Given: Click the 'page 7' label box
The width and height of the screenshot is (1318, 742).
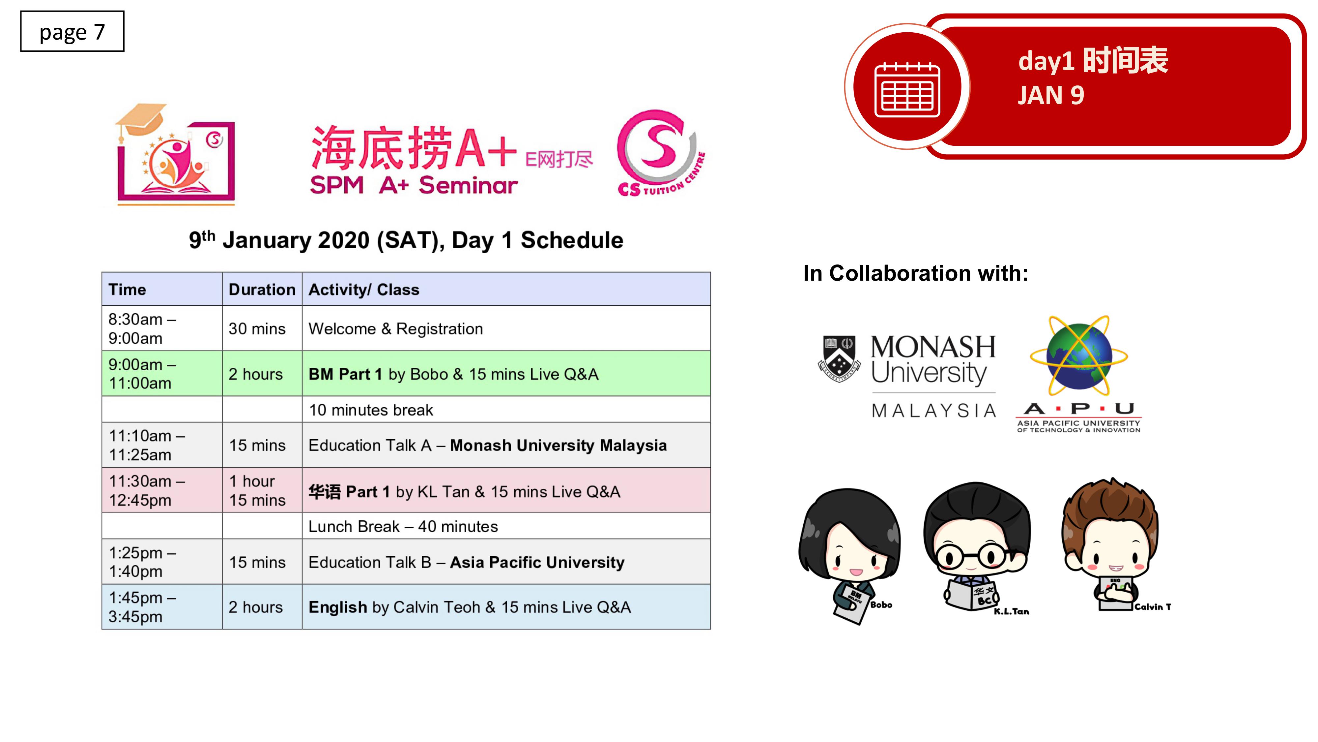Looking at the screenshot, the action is (72, 31).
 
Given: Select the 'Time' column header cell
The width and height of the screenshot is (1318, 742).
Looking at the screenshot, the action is (162, 289).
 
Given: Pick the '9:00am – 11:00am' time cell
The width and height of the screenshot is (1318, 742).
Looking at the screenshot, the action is (162, 373).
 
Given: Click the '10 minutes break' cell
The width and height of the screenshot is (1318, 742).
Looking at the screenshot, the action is (506, 410).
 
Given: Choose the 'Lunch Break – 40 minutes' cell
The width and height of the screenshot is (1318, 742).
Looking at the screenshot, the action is (506, 526).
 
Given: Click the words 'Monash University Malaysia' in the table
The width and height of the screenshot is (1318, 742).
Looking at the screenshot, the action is (558, 446).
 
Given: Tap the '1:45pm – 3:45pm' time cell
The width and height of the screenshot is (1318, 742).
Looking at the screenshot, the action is (162, 607).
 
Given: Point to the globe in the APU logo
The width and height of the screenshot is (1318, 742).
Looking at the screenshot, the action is (1079, 357).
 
